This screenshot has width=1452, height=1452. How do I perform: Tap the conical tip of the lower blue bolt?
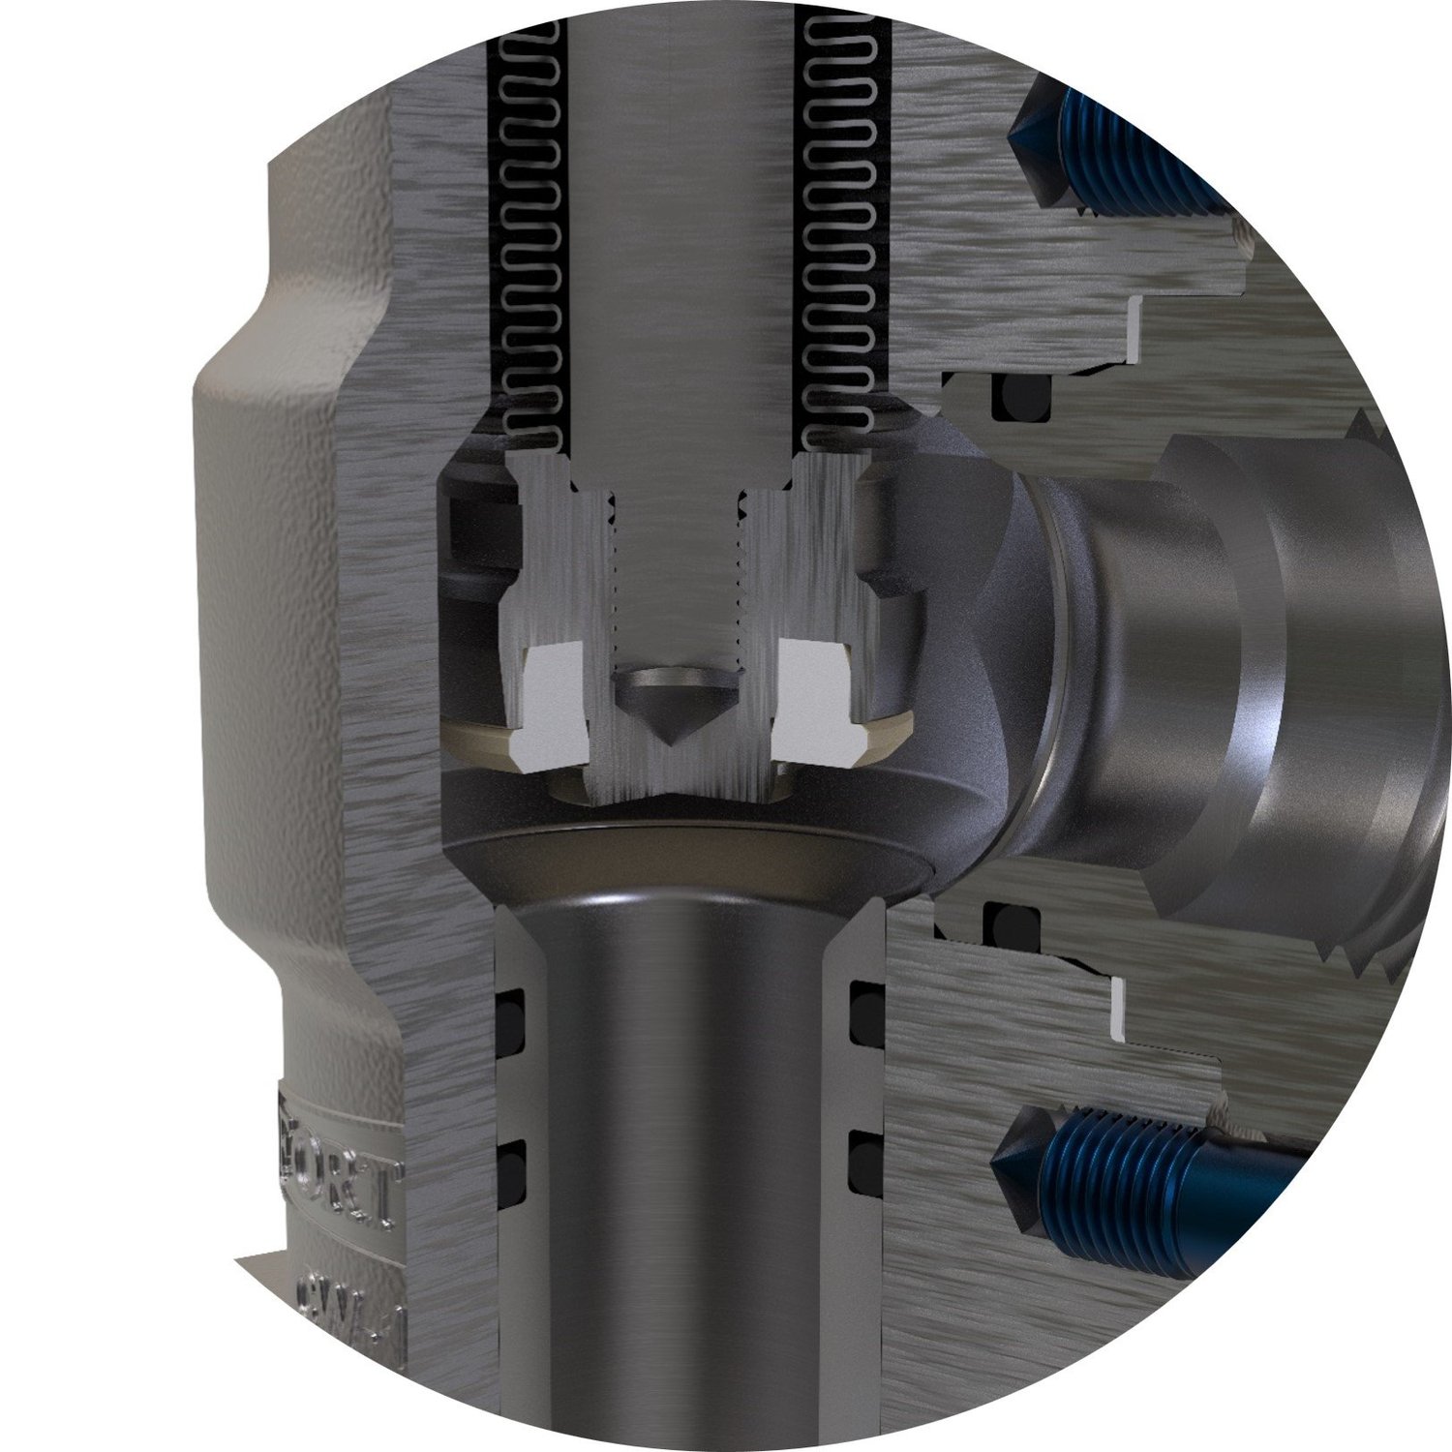(x=1016, y=1162)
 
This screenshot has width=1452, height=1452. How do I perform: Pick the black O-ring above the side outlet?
(x=1021, y=397)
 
